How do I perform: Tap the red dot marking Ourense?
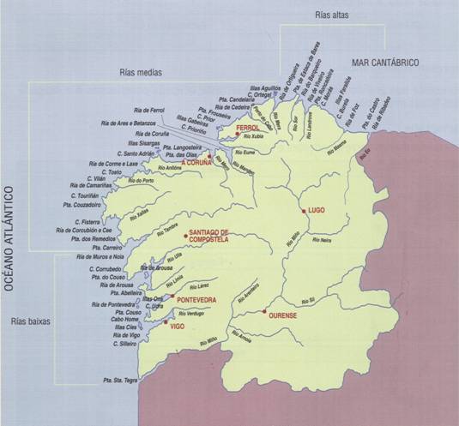[x=267, y=311]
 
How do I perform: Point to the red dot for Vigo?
[x=167, y=321]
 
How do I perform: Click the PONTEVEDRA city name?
[x=196, y=300]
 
